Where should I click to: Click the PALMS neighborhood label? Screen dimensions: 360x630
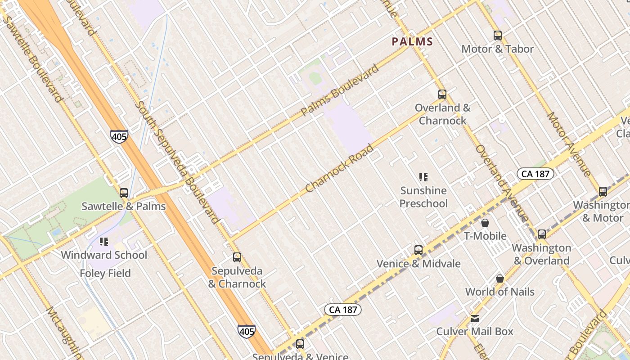point(412,42)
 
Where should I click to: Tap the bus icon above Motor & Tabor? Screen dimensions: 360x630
point(497,36)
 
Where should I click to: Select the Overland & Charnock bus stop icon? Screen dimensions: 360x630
point(442,94)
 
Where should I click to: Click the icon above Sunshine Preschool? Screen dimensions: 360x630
point(423,177)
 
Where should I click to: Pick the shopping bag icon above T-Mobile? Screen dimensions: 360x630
point(485,223)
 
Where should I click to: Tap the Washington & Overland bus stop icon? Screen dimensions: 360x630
point(542,234)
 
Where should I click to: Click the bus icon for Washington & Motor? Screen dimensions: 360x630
point(603,192)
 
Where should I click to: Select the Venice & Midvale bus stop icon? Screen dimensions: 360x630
point(418,250)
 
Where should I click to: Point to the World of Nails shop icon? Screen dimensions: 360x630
point(499,279)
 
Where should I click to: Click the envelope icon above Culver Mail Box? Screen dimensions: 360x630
point(475,319)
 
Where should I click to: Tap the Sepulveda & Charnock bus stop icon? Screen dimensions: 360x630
point(237,257)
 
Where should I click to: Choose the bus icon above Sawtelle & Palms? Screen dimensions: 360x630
point(124,193)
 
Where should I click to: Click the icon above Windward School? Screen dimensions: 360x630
point(104,242)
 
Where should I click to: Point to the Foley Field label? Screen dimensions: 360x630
point(105,273)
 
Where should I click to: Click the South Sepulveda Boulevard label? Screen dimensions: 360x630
point(178,162)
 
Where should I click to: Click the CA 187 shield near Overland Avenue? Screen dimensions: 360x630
point(535,174)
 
